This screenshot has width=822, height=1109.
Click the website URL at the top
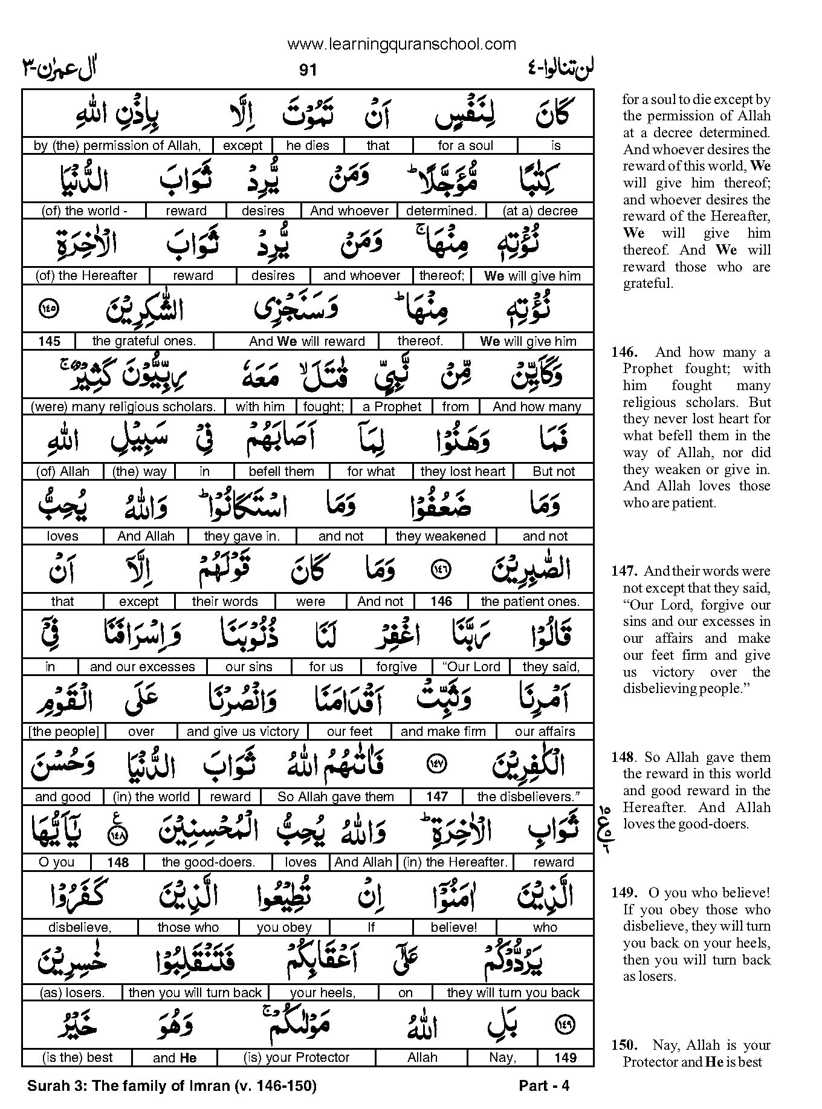(x=401, y=44)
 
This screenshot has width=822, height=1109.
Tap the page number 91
(x=308, y=71)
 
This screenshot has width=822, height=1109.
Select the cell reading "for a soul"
(x=465, y=146)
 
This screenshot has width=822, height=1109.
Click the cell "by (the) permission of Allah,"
(x=117, y=146)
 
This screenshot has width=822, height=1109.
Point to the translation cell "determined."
(x=441, y=211)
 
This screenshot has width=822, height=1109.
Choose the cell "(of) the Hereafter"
(x=86, y=276)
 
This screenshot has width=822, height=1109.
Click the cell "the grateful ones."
(x=144, y=341)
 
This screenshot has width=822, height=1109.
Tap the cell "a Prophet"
(x=392, y=407)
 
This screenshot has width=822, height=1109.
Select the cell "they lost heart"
(x=463, y=472)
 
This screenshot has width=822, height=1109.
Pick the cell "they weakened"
(x=441, y=536)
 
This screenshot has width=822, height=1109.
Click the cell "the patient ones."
(x=530, y=602)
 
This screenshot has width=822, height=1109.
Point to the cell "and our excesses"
(x=142, y=667)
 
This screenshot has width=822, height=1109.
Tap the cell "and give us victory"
(x=243, y=732)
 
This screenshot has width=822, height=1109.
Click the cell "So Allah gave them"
(x=335, y=797)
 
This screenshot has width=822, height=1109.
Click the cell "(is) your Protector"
(x=296, y=1058)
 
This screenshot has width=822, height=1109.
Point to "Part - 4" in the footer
(x=544, y=1086)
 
